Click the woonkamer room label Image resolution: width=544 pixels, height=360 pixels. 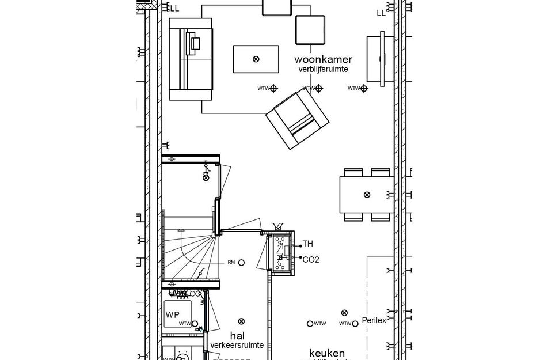[x=323, y=59]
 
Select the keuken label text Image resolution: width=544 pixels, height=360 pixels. [x=327, y=353]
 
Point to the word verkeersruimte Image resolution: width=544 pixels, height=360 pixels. [x=237, y=345]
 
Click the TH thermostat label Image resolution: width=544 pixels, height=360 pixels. [x=308, y=244]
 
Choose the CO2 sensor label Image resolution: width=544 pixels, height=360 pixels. [x=311, y=259]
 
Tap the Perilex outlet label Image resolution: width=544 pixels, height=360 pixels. [x=374, y=320]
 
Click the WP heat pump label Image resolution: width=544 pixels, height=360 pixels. [x=173, y=314]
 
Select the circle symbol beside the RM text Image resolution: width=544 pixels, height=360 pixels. [x=242, y=263]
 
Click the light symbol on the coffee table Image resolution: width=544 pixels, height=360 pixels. [x=256, y=59]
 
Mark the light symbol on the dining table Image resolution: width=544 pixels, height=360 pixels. [x=367, y=195]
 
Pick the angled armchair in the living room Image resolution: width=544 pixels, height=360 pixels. [x=297, y=119]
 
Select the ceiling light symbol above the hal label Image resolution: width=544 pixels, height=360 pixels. [x=241, y=321]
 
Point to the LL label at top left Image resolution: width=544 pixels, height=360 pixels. [x=173, y=8]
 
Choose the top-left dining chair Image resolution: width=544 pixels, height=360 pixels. [x=353, y=172]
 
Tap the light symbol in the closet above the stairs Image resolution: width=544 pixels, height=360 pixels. [x=206, y=179]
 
